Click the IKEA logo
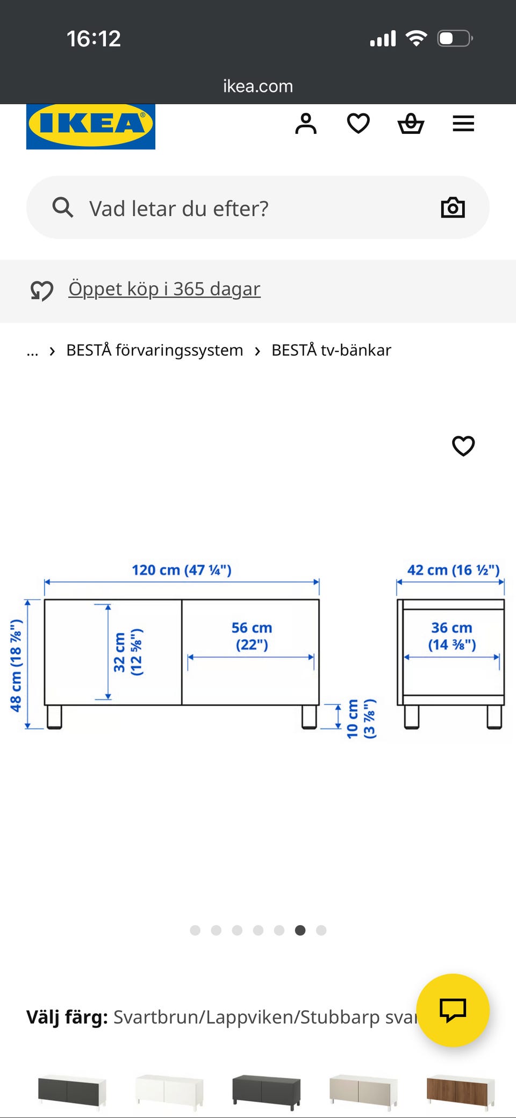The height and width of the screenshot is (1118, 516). [91, 126]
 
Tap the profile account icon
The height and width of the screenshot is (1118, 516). [306, 124]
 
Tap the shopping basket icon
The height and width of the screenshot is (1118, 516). [411, 124]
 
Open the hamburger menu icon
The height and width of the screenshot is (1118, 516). [463, 124]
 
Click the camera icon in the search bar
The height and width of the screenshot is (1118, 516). [453, 207]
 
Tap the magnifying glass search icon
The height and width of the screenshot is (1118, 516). [63, 207]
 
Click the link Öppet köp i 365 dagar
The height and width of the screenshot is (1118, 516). [164, 289]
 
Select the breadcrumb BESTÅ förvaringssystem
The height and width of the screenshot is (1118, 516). [155, 350]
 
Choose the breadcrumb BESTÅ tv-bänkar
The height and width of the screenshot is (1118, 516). [331, 350]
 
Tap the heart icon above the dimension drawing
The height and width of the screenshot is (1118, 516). [463, 446]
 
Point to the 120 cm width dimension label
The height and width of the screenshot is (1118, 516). [182, 570]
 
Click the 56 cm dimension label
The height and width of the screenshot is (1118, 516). [252, 636]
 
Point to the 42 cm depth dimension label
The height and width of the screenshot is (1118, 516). [453, 570]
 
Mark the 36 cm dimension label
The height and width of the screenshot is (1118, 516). [452, 636]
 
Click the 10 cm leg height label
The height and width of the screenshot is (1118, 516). [361, 719]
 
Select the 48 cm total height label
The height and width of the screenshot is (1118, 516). [16, 666]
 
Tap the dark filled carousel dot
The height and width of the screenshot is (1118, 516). [300, 931]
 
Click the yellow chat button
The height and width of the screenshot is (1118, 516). [453, 1011]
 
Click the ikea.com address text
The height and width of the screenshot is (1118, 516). [258, 86]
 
